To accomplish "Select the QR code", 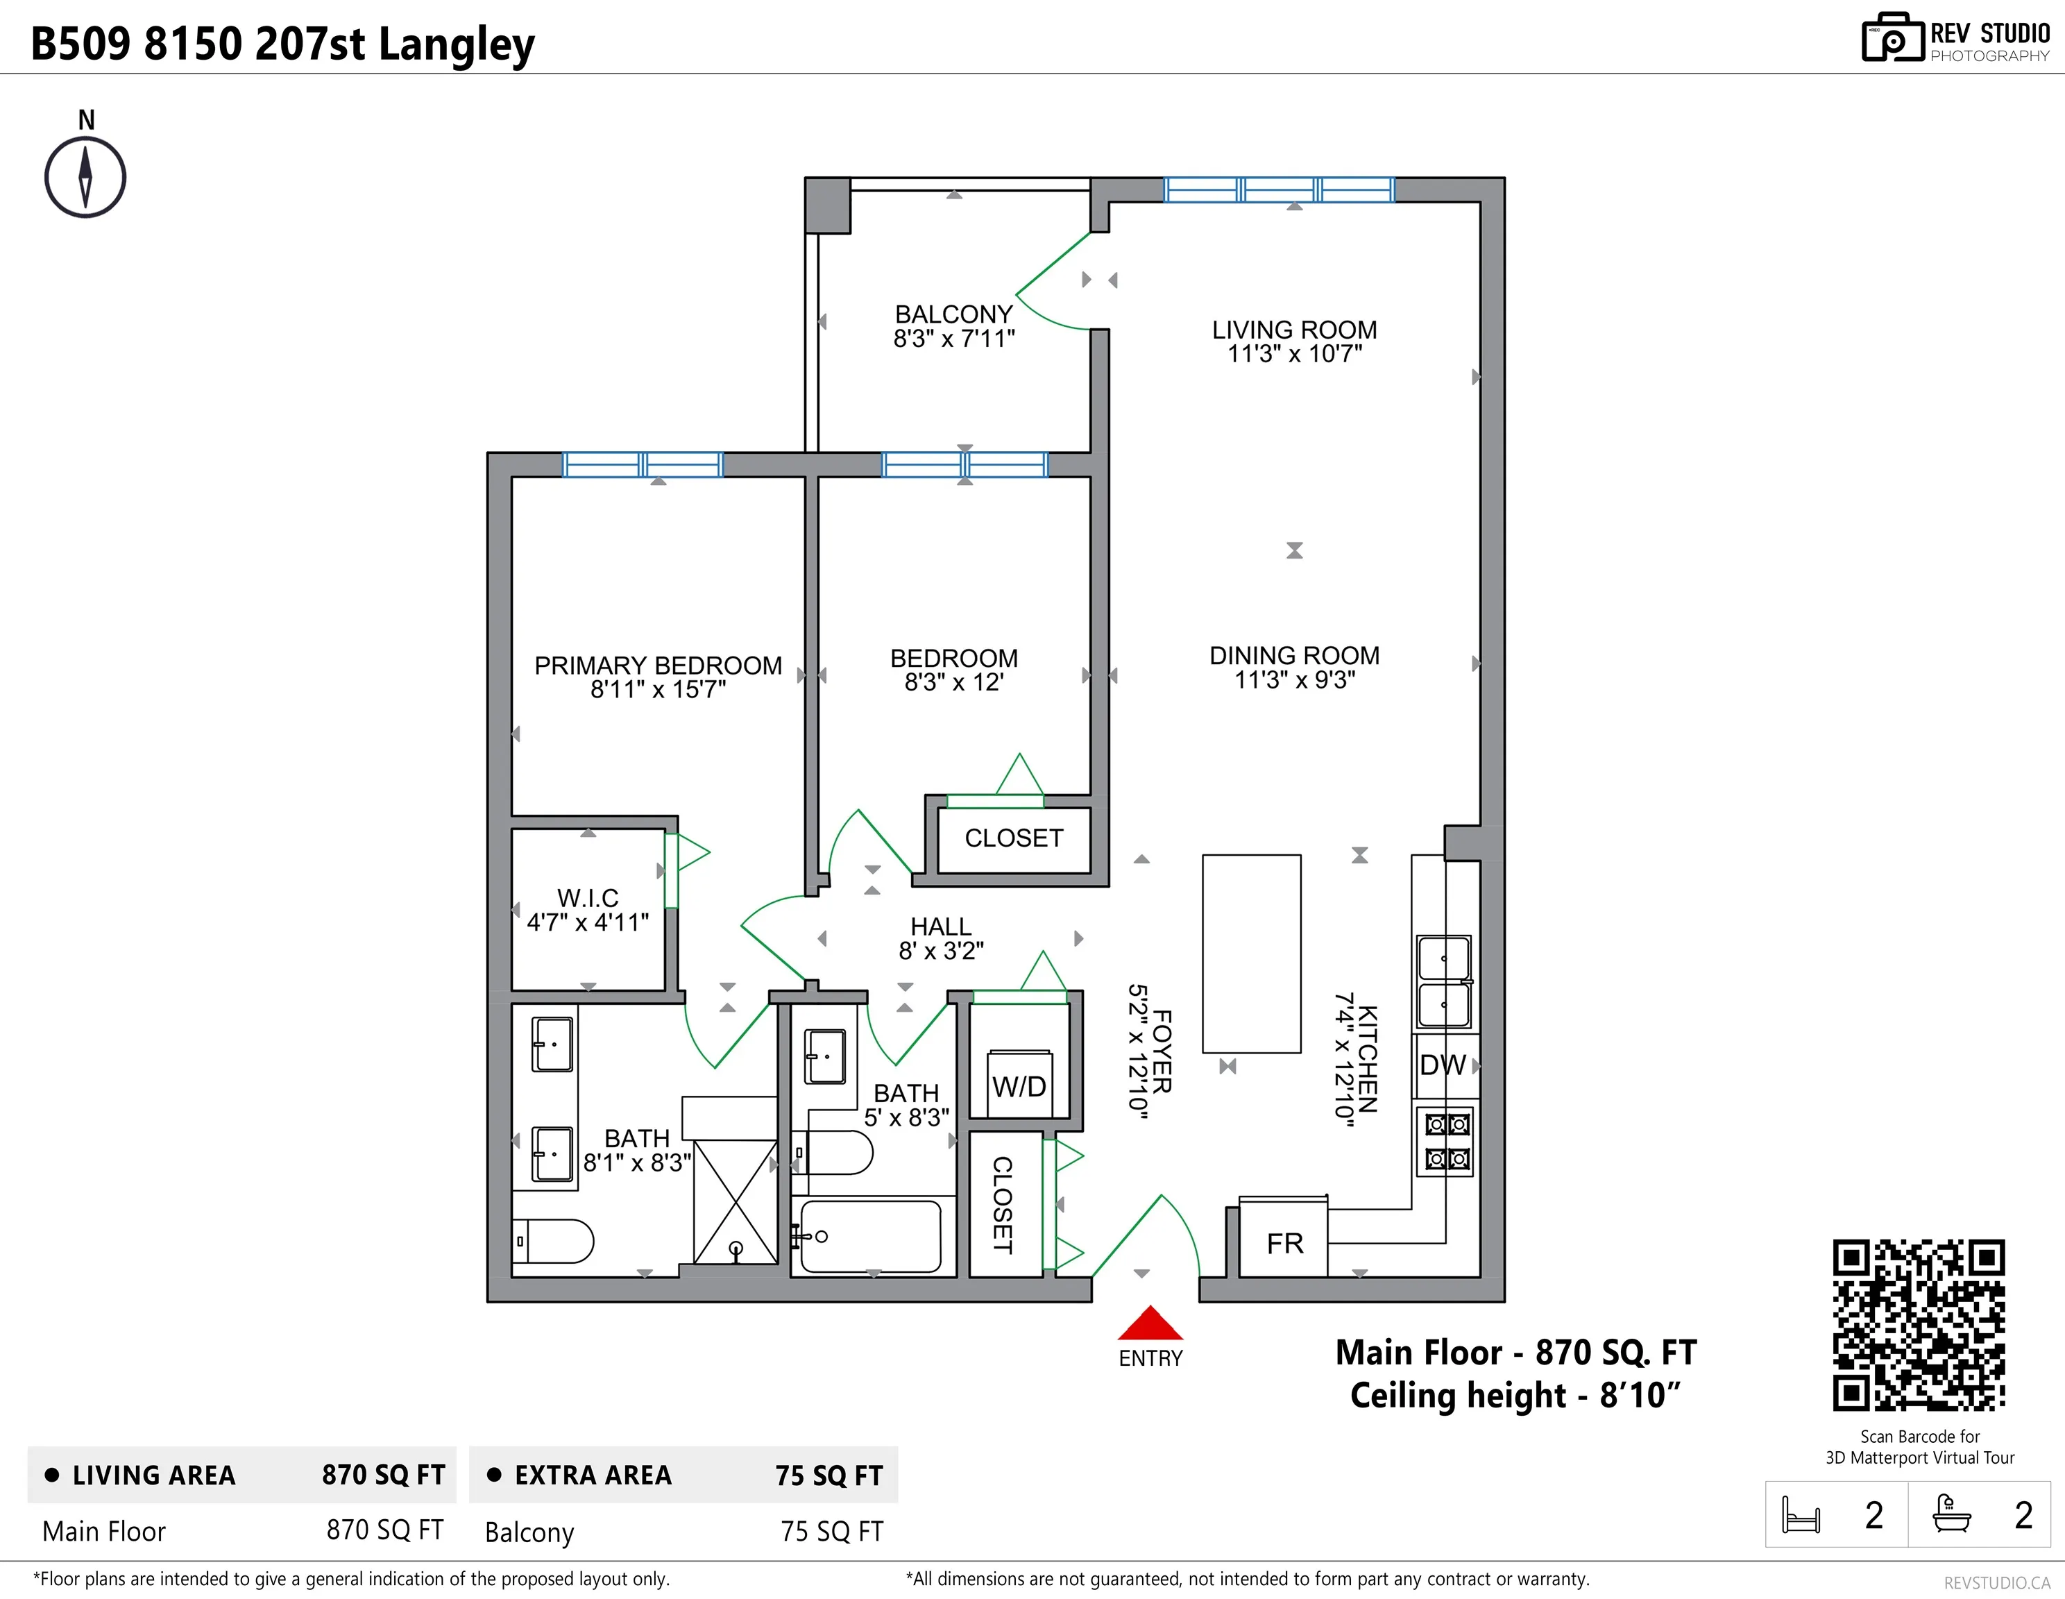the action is [1919, 1325].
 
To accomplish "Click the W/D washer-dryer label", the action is [1019, 1087].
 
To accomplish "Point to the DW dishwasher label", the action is [1443, 1065].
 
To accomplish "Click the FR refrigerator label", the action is [1285, 1244].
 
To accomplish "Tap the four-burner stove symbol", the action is [1445, 1142].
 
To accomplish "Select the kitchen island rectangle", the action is [1251, 953].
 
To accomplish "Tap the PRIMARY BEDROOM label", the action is [658, 666].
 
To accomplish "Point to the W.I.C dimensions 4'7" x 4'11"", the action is [588, 922].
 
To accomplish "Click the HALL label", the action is [941, 927].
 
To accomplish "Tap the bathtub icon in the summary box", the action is [1951, 1513].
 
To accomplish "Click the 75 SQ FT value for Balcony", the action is [831, 1531].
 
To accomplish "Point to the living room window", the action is [1278, 190].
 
